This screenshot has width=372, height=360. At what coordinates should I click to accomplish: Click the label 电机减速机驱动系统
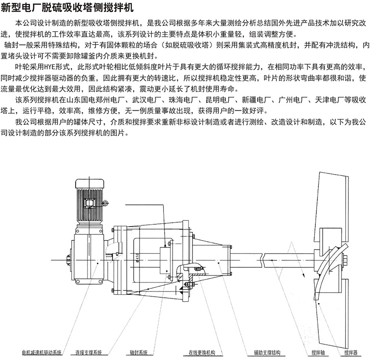42,352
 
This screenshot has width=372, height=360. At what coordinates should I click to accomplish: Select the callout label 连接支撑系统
89,352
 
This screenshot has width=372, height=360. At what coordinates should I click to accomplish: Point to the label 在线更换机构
202,352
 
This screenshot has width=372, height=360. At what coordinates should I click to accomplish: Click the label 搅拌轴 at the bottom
318,352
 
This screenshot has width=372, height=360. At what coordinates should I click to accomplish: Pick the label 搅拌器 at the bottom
351,352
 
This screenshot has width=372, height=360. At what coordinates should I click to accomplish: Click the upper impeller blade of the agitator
335,207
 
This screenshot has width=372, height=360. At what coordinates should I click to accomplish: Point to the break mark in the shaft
264,261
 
